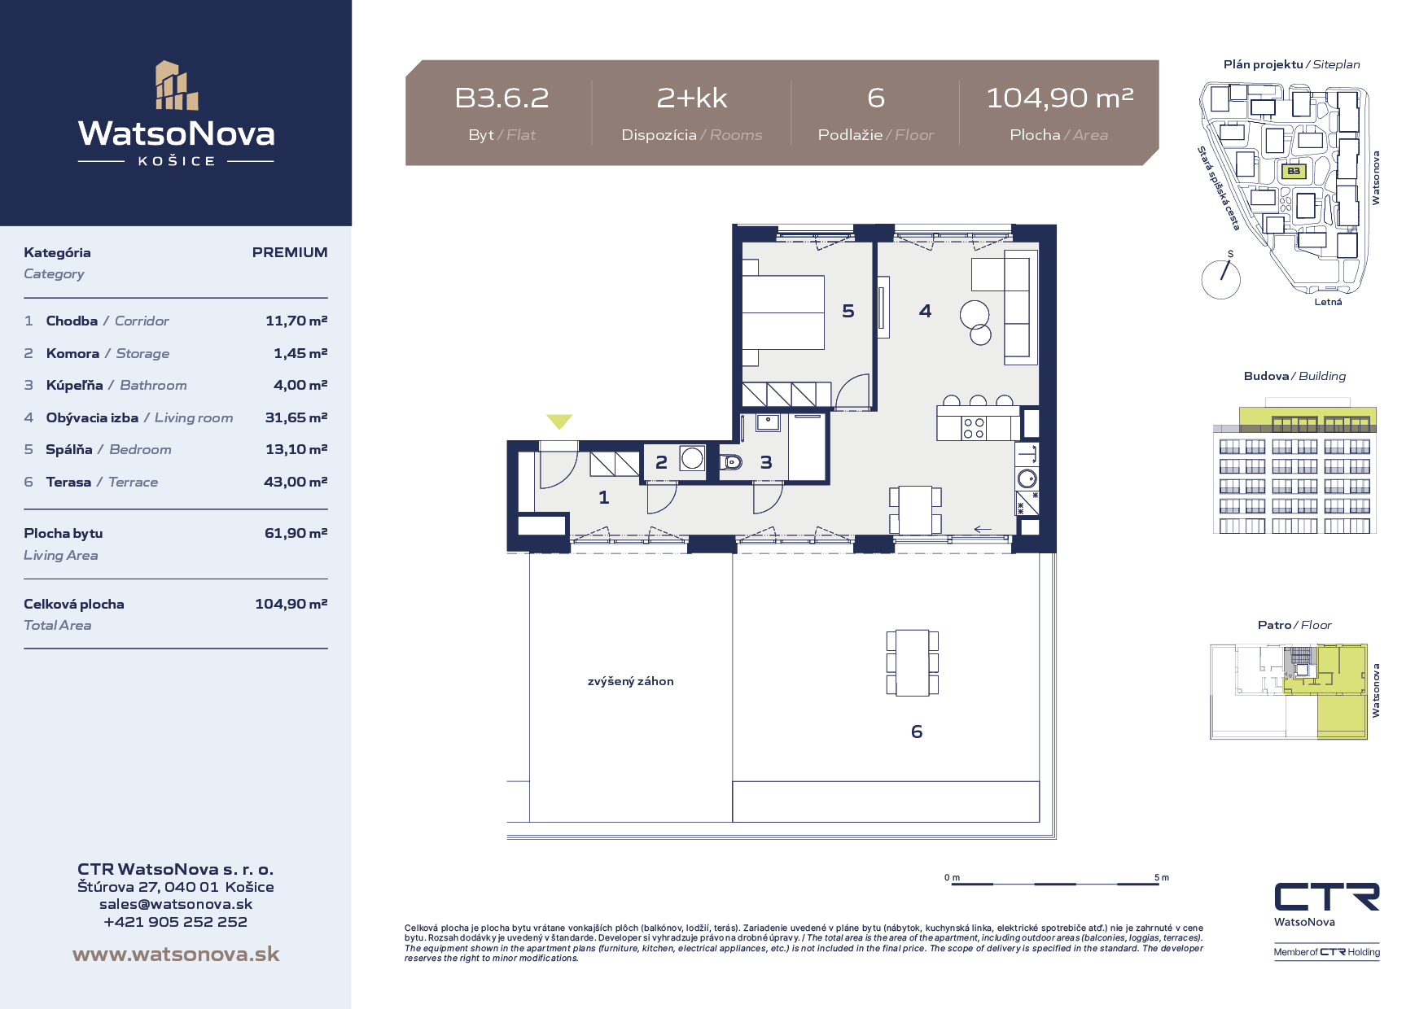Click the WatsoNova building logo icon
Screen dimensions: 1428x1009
(x=177, y=85)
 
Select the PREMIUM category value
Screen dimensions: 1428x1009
(x=290, y=252)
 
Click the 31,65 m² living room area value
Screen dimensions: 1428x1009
(x=296, y=417)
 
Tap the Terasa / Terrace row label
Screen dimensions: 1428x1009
(x=102, y=482)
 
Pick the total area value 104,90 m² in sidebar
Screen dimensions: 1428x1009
(x=291, y=604)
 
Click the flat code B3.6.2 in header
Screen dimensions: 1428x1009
(x=502, y=98)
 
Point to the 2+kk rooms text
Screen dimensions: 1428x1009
(x=692, y=98)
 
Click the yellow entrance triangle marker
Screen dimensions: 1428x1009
(x=559, y=421)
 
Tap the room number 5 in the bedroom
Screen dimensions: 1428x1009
(x=848, y=311)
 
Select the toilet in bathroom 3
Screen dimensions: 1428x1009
(x=731, y=462)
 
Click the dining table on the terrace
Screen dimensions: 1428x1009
(x=913, y=662)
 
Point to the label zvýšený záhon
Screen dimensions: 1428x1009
(x=631, y=681)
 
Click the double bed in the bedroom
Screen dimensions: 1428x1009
(x=783, y=312)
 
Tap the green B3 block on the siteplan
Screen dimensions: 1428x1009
(x=1294, y=171)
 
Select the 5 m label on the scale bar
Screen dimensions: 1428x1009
(x=1162, y=877)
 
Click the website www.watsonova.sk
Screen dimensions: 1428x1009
(x=176, y=954)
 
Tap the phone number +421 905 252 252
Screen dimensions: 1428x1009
(x=176, y=922)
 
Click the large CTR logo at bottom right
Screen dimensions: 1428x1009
(x=1327, y=897)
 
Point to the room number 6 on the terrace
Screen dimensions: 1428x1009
(x=917, y=732)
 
